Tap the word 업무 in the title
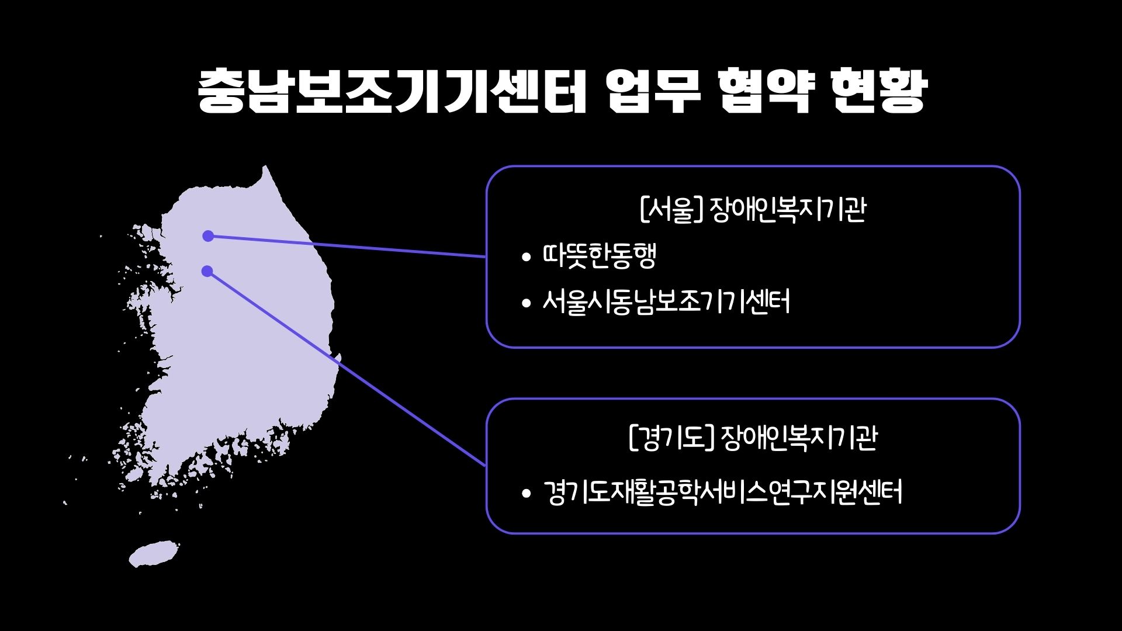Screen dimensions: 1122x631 [x=653, y=91]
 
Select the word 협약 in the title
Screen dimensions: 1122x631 [x=766, y=91]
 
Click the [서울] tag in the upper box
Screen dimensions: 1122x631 [x=671, y=210]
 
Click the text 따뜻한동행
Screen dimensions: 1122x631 [x=600, y=255]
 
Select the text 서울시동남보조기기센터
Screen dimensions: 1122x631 [x=666, y=302]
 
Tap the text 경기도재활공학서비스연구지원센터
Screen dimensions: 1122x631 [x=723, y=492]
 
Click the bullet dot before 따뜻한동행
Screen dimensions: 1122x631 [x=527, y=256]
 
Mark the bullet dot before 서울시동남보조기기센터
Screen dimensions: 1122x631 [x=527, y=303]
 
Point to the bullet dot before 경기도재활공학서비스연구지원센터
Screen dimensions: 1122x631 [x=527, y=493]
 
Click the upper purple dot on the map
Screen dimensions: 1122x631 [x=208, y=236]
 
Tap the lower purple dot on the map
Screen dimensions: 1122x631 [x=207, y=271]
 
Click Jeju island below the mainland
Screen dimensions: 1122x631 [x=154, y=553]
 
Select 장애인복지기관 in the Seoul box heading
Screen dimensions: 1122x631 [x=788, y=210]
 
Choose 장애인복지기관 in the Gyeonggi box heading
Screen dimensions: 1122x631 [x=799, y=438]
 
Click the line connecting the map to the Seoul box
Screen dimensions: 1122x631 [x=347, y=247]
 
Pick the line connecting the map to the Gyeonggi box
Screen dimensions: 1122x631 [x=347, y=369]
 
